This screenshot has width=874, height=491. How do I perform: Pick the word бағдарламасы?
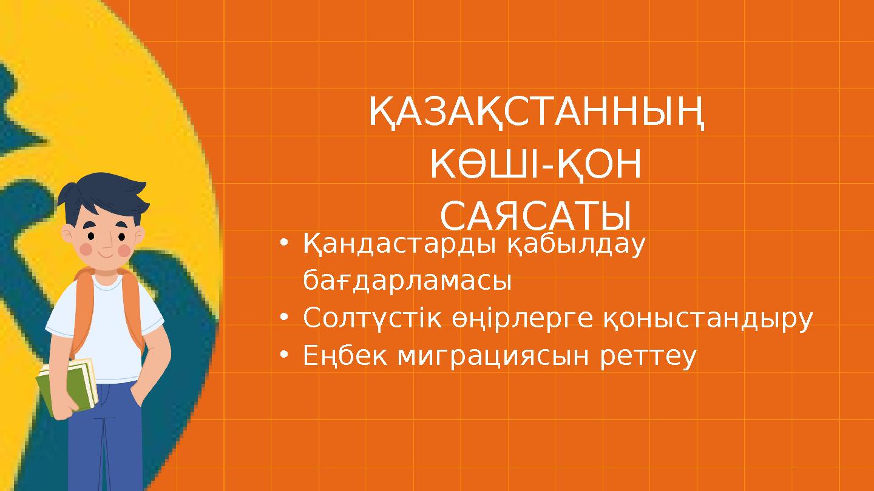pos(407,281)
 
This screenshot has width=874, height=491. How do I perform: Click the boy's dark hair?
pos(103,194)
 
